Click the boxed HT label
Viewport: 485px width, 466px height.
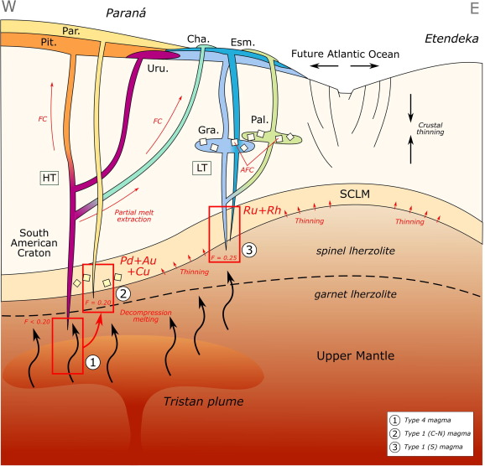(50, 178)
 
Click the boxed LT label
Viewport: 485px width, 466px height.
(201, 168)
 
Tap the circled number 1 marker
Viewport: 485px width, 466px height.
(93, 362)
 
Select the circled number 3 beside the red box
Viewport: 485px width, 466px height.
(249, 250)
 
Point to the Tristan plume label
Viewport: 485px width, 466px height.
(204, 401)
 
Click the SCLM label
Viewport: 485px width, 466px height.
(355, 194)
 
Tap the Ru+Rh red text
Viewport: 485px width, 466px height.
(263, 210)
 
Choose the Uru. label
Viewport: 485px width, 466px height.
(158, 68)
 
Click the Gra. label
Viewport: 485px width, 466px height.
(208, 130)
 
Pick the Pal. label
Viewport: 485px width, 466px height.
(260, 120)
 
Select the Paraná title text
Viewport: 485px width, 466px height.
(126, 13)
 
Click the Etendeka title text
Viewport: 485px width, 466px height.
(452, 39)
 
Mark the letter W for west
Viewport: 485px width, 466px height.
(8, 7)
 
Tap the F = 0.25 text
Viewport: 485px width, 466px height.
(224, 257)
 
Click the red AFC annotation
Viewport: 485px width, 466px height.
(247, 169)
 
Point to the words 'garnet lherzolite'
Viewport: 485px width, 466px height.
(356, 294)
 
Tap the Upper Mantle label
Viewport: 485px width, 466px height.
(356, 355)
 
